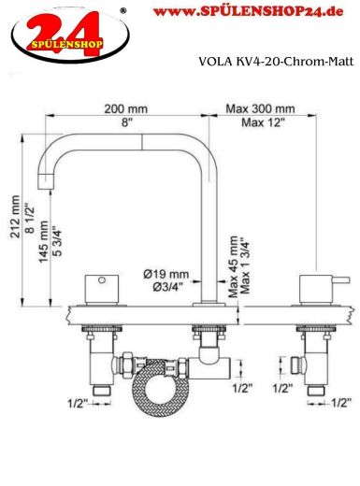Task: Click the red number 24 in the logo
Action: click(65, 34)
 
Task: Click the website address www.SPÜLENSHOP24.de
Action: click(248, 12)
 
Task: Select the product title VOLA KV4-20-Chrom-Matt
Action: click(276, 62)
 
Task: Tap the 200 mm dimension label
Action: click(125, 109)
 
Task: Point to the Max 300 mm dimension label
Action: click(260, 108)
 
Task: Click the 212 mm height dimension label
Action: click(16, 217)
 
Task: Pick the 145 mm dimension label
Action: click(44, 242)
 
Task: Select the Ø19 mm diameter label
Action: click(166, 275)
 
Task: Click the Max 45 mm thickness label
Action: click(233, 266)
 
